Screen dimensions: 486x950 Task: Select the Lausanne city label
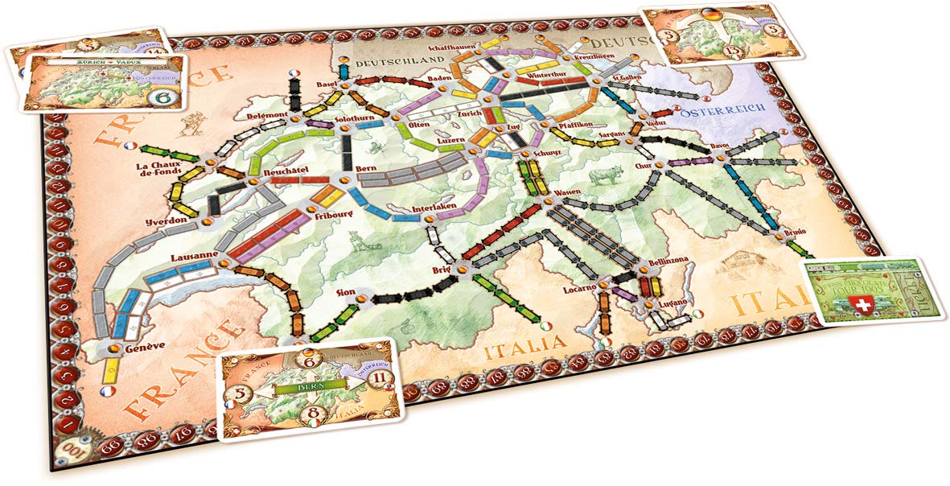(190, 257)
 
